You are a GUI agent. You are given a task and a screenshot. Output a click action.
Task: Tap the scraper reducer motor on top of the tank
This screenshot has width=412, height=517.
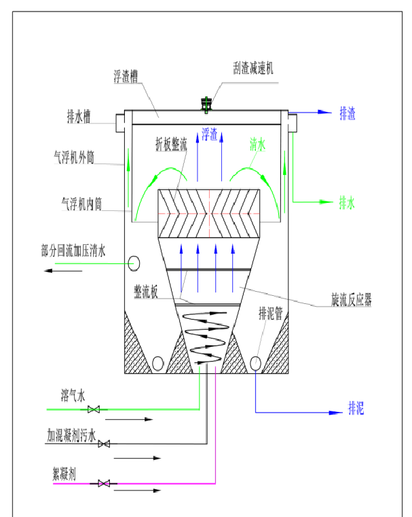point(206,104)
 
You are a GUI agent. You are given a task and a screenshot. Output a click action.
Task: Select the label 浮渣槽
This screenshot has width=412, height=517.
point(126,77)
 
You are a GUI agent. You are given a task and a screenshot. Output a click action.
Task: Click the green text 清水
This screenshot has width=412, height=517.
point(257,143)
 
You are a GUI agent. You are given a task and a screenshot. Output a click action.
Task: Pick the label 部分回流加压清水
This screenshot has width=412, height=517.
point(73,252)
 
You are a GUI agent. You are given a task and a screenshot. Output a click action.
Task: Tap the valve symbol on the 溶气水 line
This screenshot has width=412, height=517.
point(95,409)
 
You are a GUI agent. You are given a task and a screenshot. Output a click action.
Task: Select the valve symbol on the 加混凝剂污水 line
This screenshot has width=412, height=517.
point(104,444)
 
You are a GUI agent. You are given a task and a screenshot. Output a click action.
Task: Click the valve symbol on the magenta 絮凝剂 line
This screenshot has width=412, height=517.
point(104,483)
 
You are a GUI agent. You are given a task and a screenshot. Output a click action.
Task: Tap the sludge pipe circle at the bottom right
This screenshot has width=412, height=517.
point(256,363)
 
